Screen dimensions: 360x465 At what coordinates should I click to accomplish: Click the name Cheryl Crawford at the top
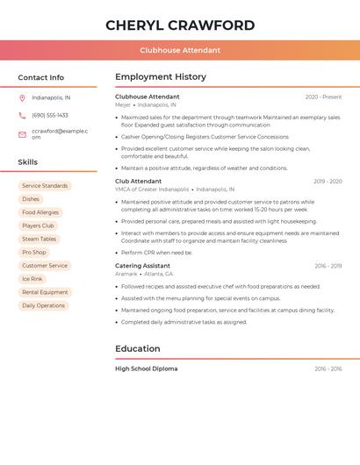[x=180, y=25]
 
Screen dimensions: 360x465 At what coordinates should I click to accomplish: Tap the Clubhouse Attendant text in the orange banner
[x=180, y=50]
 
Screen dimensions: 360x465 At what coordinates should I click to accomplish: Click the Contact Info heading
[x=41, y=77]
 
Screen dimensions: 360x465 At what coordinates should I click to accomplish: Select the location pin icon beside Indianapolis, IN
[x=22, y=98]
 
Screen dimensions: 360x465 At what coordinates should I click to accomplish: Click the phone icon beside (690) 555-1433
[x=22, y=116]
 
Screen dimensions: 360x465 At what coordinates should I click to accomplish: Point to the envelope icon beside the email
[x=22, y=134]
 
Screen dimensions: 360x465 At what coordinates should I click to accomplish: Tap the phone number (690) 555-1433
[x=50, y=116]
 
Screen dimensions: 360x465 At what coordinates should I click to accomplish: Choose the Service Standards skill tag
[x=45, y=186]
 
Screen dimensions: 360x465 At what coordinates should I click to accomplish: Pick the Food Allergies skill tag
[x=40, y=212]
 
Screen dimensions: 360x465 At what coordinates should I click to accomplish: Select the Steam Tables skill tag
[x=40, y=239]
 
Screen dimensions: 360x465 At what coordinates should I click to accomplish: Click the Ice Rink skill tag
[x=32, y=279]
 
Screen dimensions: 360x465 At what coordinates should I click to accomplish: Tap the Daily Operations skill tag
[x=44, y=305]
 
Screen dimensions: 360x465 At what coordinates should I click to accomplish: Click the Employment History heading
[x=161, y=77]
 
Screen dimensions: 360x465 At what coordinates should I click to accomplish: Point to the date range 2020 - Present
[x=323, y=97]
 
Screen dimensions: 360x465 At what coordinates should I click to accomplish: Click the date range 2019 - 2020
[x=328, y=182]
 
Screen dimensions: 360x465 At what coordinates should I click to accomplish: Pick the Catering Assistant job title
[x=142, y=266]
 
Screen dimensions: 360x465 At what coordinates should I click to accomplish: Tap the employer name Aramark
[x=126, y=274]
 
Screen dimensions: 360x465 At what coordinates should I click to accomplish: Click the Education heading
[x=138, y=348]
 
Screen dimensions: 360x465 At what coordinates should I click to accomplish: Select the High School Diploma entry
[x=146, y=368]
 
